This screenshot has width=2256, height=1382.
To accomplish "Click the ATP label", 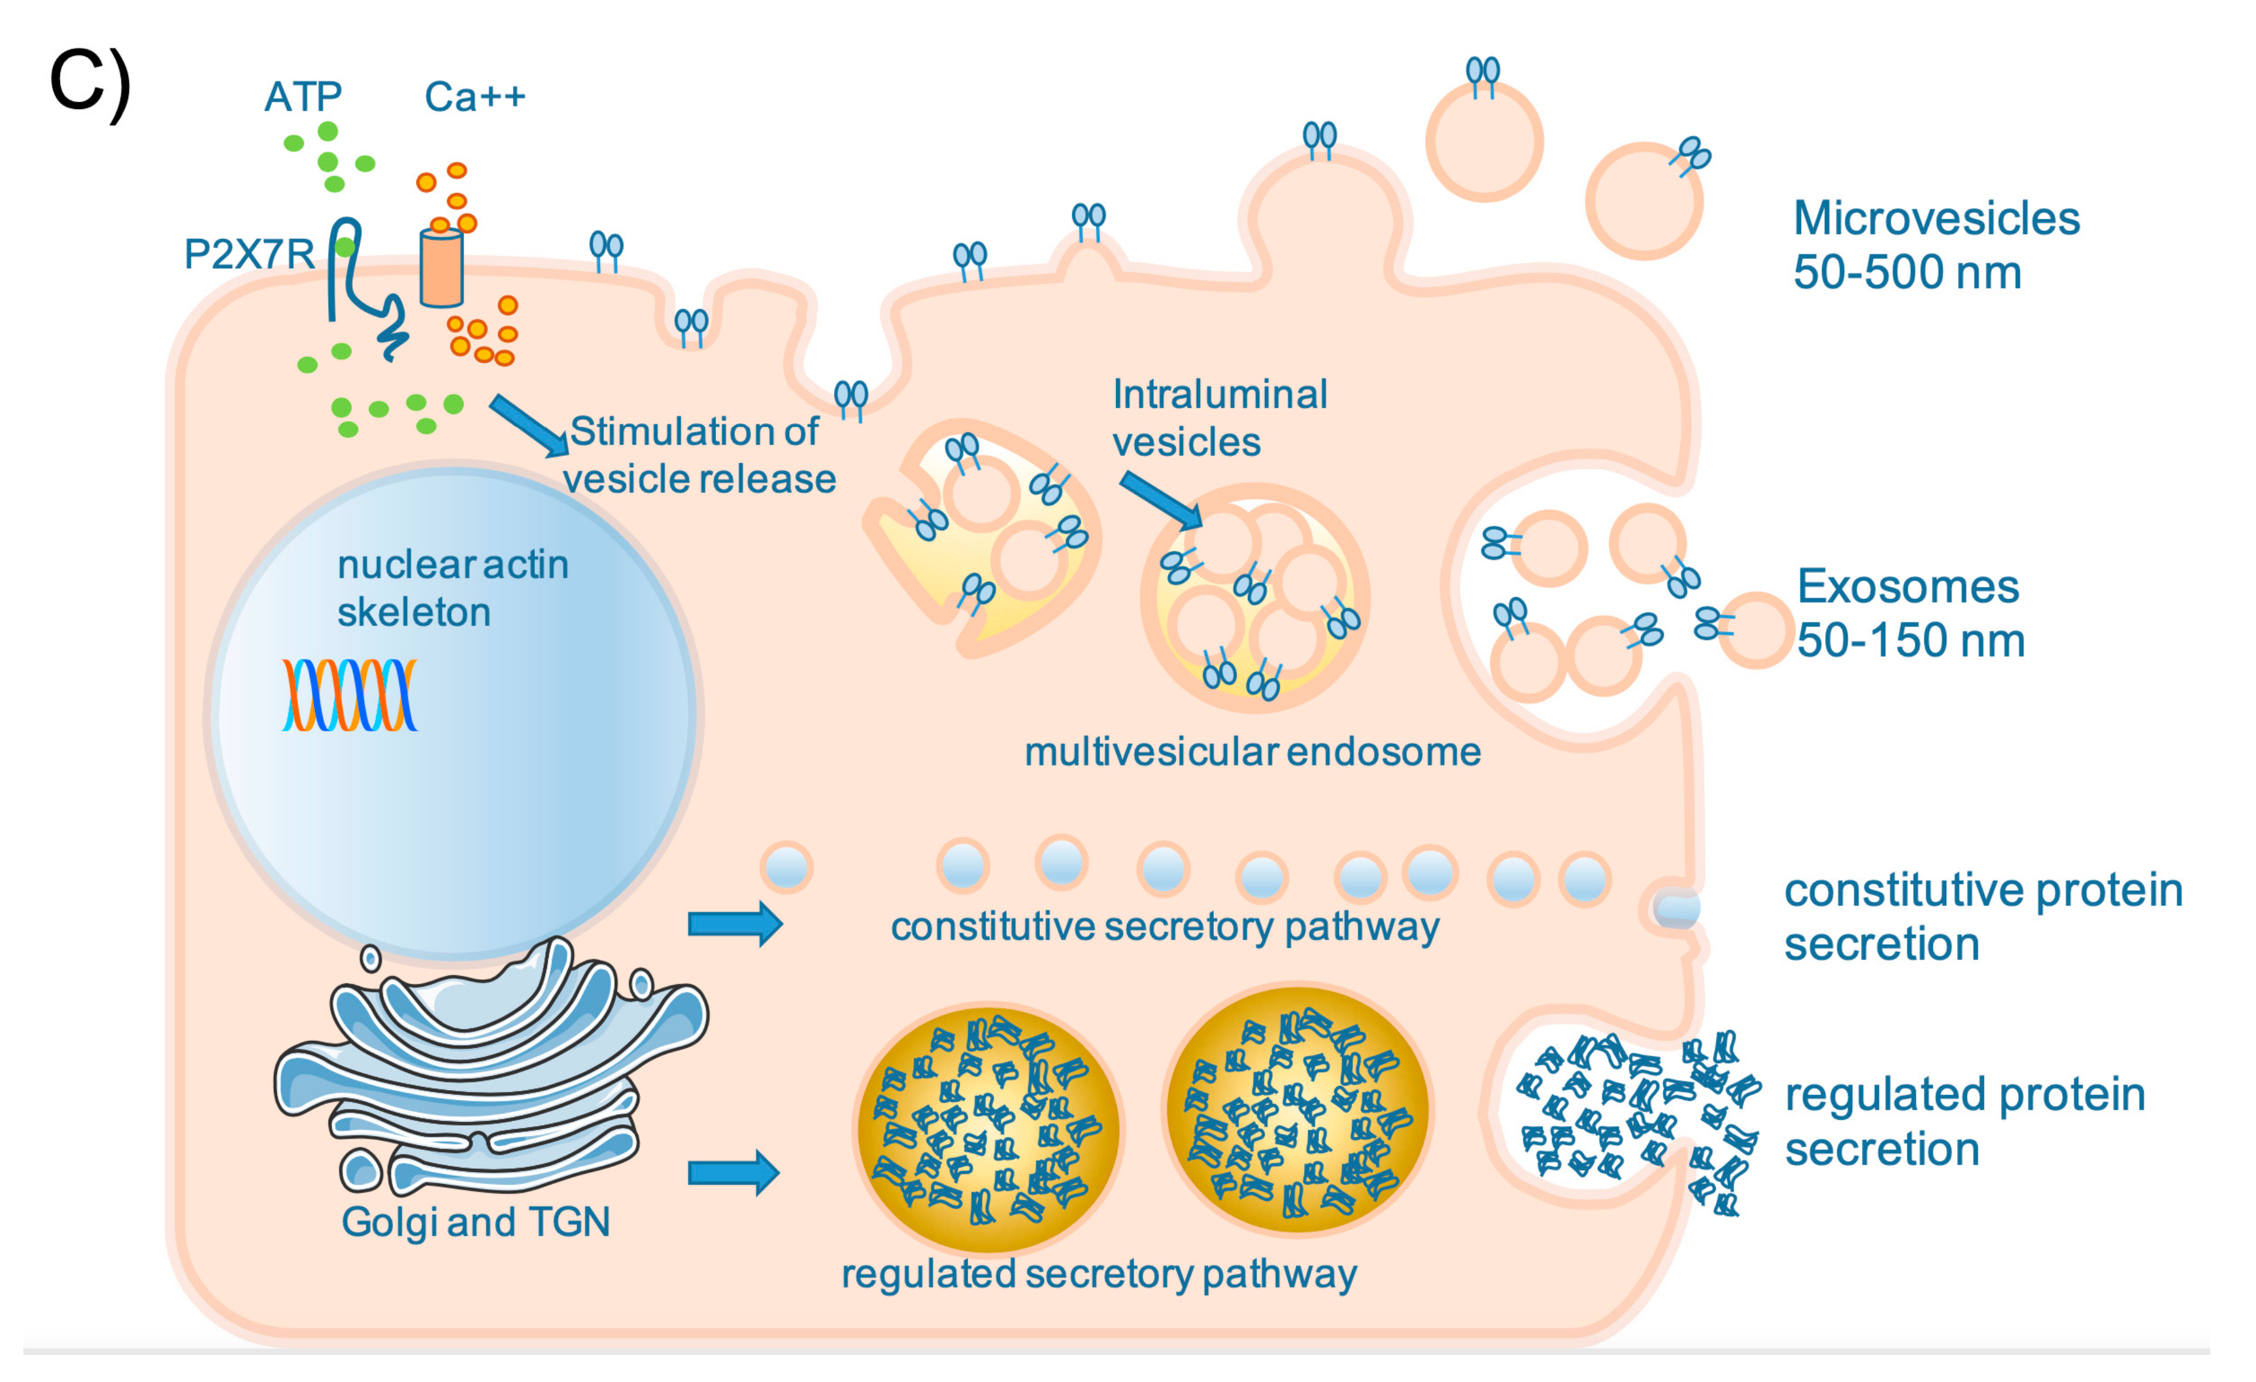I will pos(303,96).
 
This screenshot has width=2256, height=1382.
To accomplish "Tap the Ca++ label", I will pos(474,96).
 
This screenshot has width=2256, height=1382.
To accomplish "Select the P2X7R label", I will pos(249,253).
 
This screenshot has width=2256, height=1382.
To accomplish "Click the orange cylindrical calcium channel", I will pos(442,267).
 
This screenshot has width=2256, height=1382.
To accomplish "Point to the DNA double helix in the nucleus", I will pos(349,695).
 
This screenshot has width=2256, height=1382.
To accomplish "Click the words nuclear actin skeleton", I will pos(452,588).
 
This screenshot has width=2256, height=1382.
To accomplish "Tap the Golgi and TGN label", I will pos(475,1221).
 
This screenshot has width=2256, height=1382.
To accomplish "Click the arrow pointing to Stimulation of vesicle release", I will pos(528,425).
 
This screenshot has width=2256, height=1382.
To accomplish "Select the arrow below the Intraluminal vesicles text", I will pos(1161,500).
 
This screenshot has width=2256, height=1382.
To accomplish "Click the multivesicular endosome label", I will pos(1252,752).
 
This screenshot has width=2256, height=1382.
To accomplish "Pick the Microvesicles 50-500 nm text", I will pos(1935,245).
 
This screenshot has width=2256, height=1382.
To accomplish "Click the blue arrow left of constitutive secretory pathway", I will pos(734,924).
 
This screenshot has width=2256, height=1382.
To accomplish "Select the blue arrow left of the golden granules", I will pos(732,1173).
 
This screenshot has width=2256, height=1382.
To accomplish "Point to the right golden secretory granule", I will pos(1296,1110).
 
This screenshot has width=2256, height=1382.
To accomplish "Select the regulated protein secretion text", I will pos(1964,1120).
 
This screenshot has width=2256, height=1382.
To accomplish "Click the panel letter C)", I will pos(90,84).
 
